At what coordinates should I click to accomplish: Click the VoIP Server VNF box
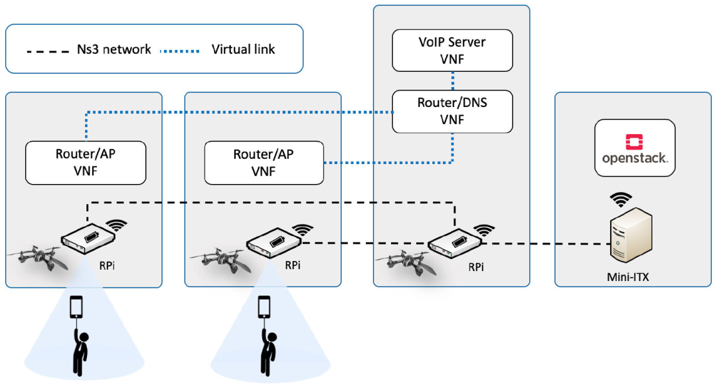click(452, 51)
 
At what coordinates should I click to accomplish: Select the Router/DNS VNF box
click(452, 111)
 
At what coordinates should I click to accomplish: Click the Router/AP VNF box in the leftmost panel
click(85, 162)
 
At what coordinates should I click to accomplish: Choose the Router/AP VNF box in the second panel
click(264, 162)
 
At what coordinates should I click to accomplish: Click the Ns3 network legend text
click(114, 49)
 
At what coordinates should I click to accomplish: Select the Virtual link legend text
click(243, 49)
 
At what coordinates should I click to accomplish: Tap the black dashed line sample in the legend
click(47, 50)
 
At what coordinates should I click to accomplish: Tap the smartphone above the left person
click(77, 308)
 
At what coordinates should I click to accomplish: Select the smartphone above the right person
click(265, 306)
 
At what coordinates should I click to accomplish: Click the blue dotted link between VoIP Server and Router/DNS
click(452, 80)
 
